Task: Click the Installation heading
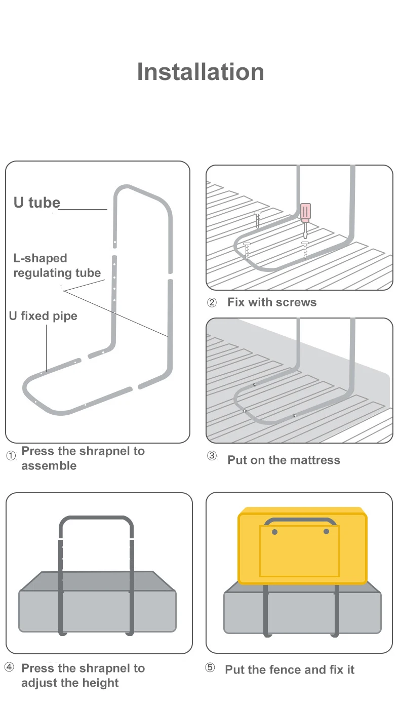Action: (201, 72)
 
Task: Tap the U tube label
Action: (36, 203)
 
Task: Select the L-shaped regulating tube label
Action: (57, 265)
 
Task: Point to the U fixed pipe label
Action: (43, 316)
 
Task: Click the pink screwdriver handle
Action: (305, 213)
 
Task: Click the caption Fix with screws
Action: (272, 302)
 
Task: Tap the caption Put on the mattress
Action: (284, 460)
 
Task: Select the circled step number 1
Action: (11, 456)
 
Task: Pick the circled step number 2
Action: (212, 303)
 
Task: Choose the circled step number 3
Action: (212, 456)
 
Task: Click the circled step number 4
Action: (9, 667)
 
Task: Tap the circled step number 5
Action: (210, 667)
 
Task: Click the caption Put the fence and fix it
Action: (290, 669)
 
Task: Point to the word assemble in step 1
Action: (49, 466)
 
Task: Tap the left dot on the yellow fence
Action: (274, 532)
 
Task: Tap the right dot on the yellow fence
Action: (326, 532)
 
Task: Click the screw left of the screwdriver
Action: (257, 219)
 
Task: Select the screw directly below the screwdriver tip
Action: (305, 250)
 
